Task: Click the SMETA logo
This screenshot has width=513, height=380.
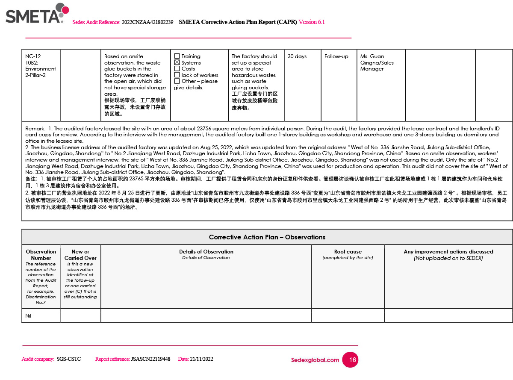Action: [37, 14]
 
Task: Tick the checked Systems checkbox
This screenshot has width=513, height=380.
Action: [177, 62]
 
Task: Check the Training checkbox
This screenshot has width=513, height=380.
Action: [177, 56]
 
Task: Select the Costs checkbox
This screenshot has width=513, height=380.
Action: [177, 68]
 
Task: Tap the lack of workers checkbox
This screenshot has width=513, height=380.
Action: [177, 75]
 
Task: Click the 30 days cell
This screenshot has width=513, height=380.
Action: [297, 56]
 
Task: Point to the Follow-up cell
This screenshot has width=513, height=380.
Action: [336, 56]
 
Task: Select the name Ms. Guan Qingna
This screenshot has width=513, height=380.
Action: [377, 59]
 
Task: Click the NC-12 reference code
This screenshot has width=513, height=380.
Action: [33, 56]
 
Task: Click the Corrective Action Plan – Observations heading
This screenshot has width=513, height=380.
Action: [267, 237]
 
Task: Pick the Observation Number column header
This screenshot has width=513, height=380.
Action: [41, 255]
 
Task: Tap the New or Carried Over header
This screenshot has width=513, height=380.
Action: [80, 255]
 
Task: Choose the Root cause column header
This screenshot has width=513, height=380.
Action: [348, 252]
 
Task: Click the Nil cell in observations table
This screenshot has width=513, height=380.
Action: [28, 316]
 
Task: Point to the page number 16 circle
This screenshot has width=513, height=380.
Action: [352, 360]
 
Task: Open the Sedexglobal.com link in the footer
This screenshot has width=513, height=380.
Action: [315, 360]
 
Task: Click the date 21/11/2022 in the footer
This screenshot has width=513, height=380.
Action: [201, 359]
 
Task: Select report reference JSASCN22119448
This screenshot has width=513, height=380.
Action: [150, 359]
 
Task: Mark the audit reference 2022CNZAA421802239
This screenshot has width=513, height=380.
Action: [147, 22]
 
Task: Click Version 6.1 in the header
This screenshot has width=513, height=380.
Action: [311, 22]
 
